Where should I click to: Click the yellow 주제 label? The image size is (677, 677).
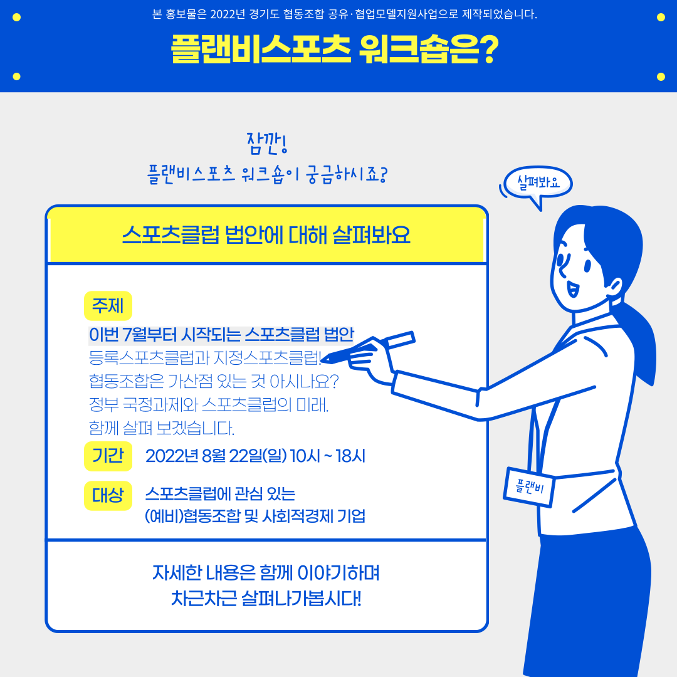click(108, 306)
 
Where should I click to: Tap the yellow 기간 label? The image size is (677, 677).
click(108, 456)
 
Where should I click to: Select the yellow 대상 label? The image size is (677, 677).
click(108, 495)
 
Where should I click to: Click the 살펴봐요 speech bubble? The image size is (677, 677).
click(538, 183)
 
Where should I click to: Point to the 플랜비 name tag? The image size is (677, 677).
click(529, 487)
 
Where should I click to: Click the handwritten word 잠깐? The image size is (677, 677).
click(267, 144)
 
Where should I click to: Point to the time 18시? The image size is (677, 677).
click(350, 456)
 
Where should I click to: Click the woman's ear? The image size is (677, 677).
click(614, 288)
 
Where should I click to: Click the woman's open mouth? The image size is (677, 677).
click(572, 289)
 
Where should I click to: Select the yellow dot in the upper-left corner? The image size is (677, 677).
click(16, 18)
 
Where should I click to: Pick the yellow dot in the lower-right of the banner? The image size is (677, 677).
click(661, 77)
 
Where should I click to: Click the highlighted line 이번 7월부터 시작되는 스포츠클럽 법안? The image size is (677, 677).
click(221, 335)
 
